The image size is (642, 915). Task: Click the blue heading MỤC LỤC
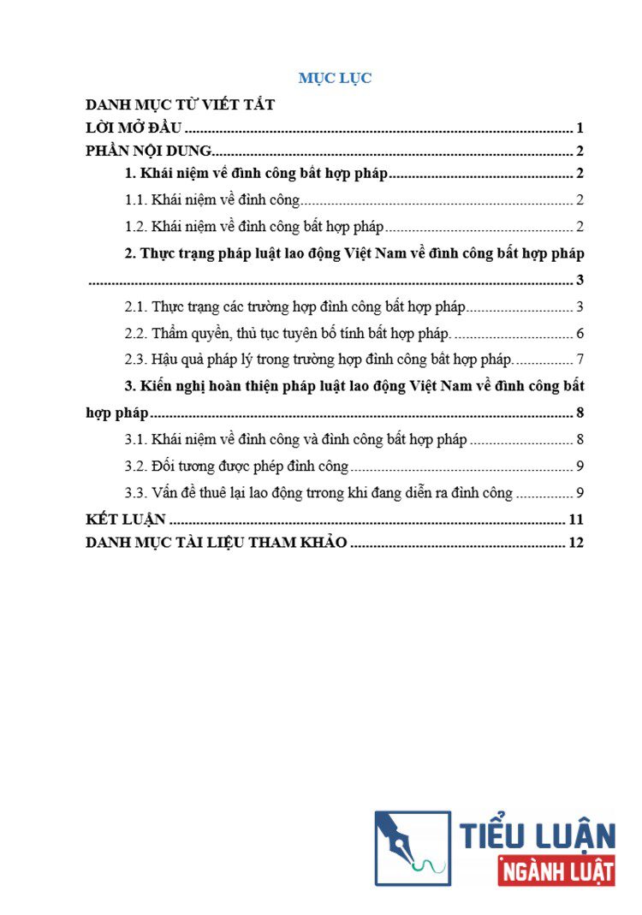(335, 78)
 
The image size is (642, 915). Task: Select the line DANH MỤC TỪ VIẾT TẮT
(180, 105)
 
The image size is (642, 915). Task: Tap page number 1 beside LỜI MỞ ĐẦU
(580, 128)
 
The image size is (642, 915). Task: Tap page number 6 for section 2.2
(580, 333)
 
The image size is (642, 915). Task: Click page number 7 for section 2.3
(580, 359)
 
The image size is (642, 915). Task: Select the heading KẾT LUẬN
(126, 520)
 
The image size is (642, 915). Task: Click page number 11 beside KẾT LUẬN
(575, 520)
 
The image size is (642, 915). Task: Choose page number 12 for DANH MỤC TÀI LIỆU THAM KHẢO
(575, 544)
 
